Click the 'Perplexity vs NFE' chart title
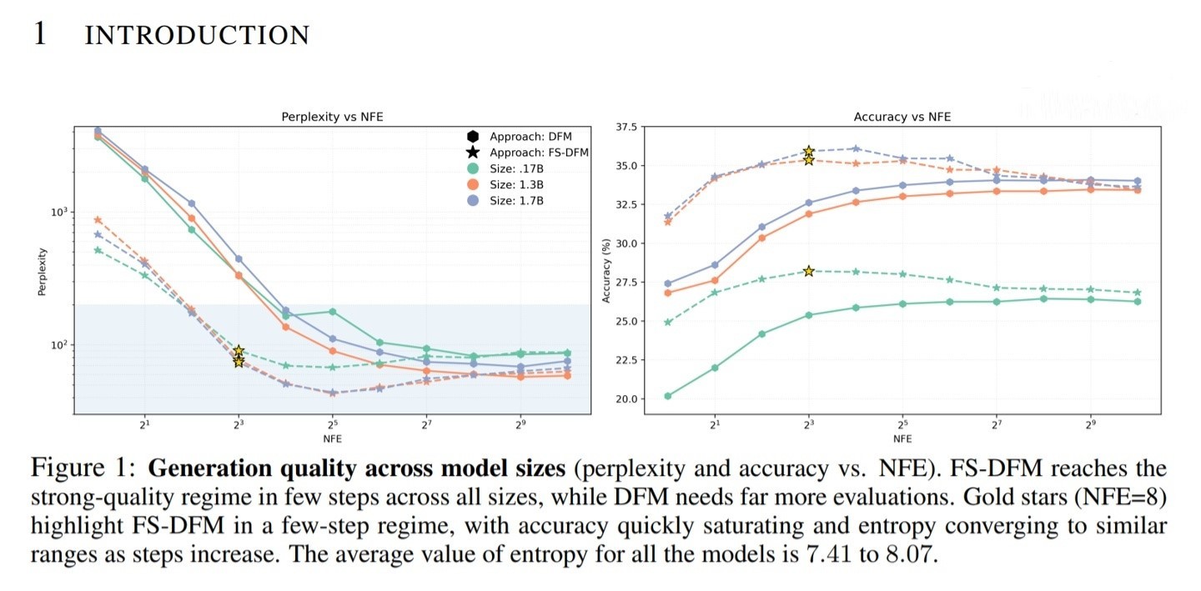coord(332,118)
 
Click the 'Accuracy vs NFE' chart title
coord(902,118)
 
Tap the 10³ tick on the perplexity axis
coord(58,213)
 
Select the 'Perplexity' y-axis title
coord(42,272)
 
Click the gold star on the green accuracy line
coord(808,271)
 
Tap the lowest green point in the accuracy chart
coord(668,396)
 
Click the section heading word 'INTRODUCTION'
coord(197,35)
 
